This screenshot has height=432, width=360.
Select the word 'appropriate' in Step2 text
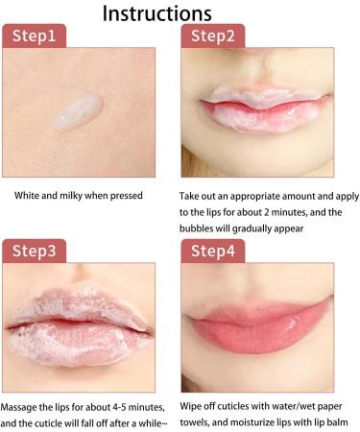(x=254, y=196)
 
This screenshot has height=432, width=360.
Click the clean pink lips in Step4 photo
(x=266, y=332)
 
